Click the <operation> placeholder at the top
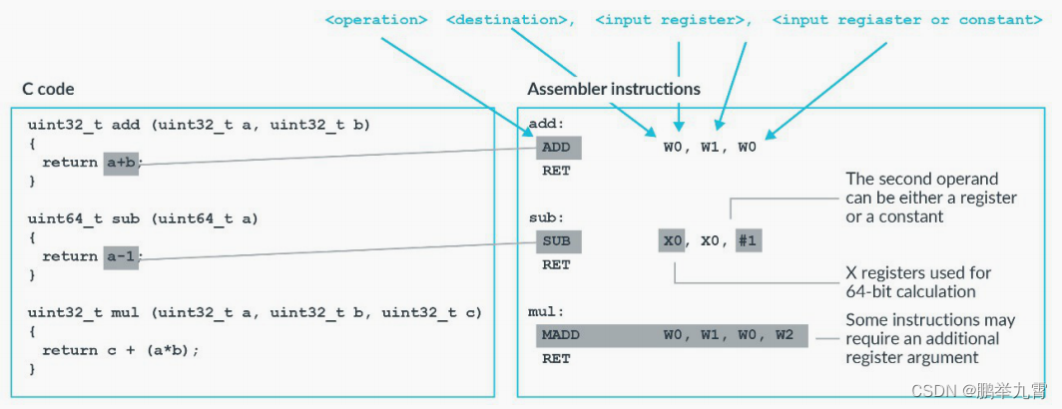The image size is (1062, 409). pos(377,20)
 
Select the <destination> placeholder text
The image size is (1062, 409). pos(510,20)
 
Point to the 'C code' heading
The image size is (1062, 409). pos(48,90)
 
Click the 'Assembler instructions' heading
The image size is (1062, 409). pos(614,90)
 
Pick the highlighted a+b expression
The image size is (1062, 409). pos(121,163)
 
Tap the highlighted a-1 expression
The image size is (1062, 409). pos(121,256)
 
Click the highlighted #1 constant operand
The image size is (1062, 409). pos(747,241)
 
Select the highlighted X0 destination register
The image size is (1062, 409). pos(673,241)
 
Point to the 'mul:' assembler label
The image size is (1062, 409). pos(546,312)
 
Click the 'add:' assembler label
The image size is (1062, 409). pos(546,124)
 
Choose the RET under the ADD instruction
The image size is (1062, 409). pos(555,171)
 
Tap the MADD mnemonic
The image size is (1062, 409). pos(561,335)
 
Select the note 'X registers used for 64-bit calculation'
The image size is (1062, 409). pos(918,282)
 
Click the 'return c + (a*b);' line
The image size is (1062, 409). pos(121,350)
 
